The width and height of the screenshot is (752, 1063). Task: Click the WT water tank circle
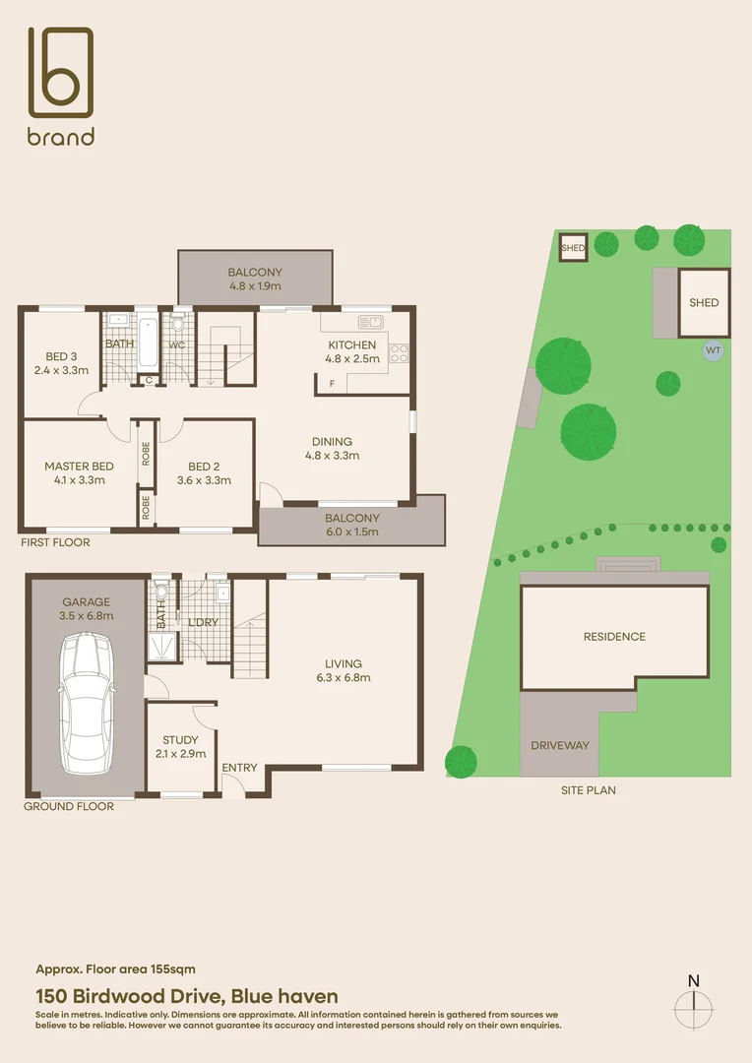[x=712, y=349]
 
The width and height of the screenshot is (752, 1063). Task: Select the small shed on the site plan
[x=573, y=248]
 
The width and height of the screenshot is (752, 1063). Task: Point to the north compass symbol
[x=694, y=1003]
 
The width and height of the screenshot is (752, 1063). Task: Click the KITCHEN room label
[x=351, y=345]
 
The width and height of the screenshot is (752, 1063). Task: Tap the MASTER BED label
[x=79, y=467]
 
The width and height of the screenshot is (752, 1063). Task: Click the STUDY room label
[x=181, y=740]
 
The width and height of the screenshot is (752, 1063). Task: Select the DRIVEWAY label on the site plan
[x=560, y=745]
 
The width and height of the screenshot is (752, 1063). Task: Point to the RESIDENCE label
[x=614, y=637]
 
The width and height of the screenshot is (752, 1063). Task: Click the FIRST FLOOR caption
[x=55, y=542]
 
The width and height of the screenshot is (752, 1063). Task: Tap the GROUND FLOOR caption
[x=69, y=806]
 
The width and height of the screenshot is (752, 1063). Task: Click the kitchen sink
[x=371, y=322]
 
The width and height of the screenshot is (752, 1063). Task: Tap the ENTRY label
[x=239, y=768]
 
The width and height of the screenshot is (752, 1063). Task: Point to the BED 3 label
[x=61, y=356]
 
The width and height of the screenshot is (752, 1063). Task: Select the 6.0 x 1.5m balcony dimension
[x=352, y=531]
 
